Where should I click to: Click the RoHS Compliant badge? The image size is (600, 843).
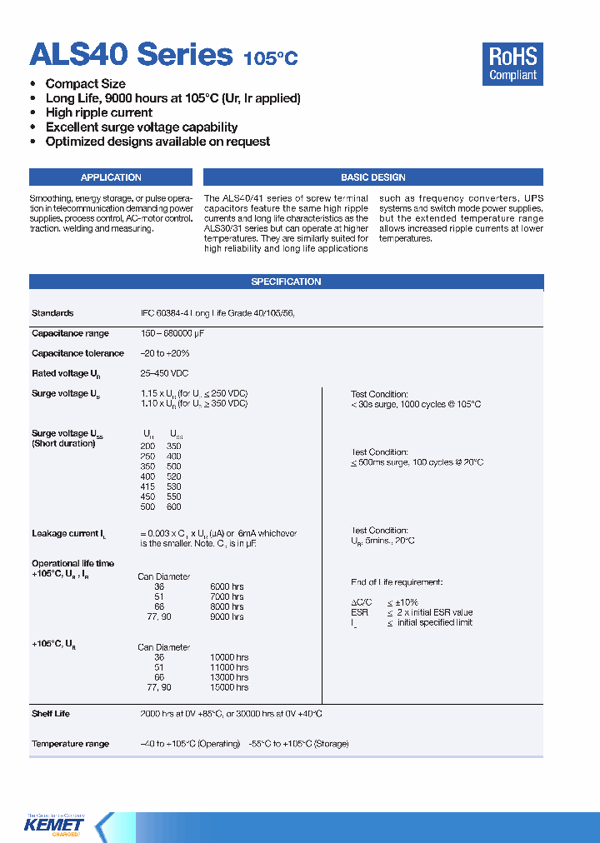(x=512, y=64)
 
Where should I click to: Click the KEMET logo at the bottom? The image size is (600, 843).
(x=55, y=825)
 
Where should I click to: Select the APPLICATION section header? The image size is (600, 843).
(x=111, y=177)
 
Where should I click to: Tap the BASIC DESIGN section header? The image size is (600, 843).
(x=372, y=177)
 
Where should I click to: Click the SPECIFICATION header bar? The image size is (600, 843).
(x=286, y=282)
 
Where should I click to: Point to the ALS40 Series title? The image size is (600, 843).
(x=131, y=55)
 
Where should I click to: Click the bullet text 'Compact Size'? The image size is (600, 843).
(x=86, y=83)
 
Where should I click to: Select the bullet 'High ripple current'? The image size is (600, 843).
(x=98, y=112)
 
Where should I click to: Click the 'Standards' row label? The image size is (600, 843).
(x=52, y=313)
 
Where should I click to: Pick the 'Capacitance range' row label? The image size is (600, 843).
(x=70, y=333)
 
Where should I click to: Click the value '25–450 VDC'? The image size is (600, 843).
(x=165, y=373)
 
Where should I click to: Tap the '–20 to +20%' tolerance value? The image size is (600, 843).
(x=165, y=353)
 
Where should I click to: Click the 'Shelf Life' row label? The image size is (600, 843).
(x=51, y=714)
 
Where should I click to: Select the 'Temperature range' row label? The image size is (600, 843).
(x=70, y=744)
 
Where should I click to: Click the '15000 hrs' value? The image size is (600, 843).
(x=228, y=687)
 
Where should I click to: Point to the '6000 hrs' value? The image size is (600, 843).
(x=227, y=586)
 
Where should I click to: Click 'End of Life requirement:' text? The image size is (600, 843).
(x=396, y=582)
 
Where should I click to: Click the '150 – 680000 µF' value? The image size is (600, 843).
(x=172, y=333)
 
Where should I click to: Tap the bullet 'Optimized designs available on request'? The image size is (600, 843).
(x=157, y=142)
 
